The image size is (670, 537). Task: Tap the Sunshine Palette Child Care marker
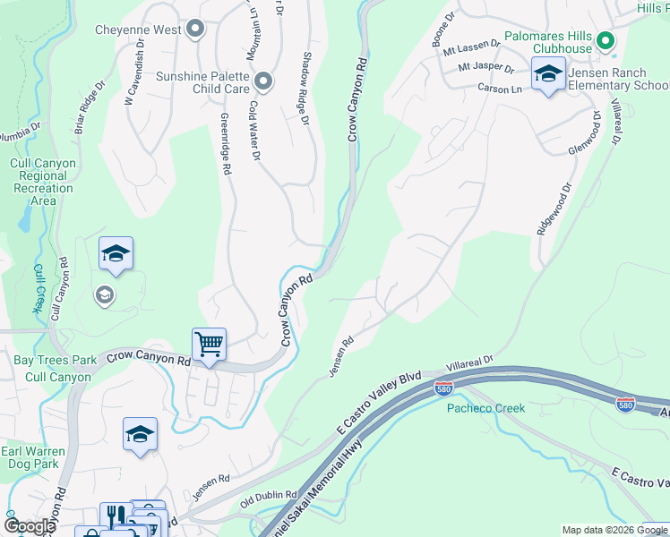point(263,81)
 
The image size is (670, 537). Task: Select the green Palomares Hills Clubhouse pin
point(606,40)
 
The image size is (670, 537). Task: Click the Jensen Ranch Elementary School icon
point(547,74)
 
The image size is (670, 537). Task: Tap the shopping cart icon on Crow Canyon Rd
point(209,345)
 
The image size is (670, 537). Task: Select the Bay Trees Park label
point(55,361)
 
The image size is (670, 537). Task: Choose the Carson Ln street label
point(500,89)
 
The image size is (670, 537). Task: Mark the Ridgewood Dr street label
point(553,210)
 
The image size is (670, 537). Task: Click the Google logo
point(30,526)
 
